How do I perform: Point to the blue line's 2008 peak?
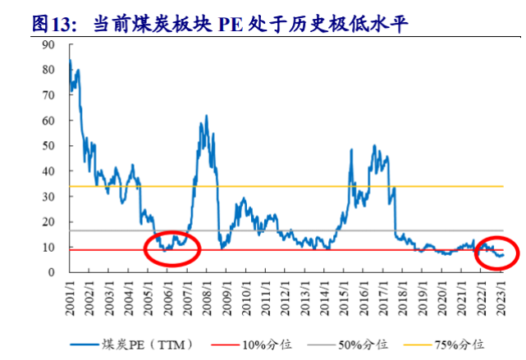[x=204, y=117]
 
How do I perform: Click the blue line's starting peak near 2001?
[x=70, y=61]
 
